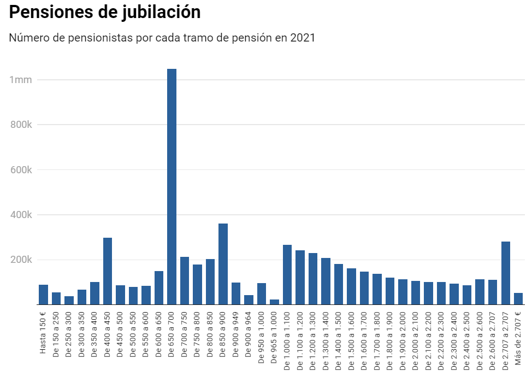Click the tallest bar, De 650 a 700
[172, 186]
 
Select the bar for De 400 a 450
[108, 271]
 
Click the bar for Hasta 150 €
[43, 295]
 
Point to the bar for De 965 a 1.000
[274, 302]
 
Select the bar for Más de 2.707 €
[518, 299]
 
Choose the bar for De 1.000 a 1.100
[287, 275]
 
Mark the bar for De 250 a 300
[69, 300]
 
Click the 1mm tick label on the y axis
[21, 80]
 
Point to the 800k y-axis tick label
[21, 125]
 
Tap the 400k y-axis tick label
[21, 215]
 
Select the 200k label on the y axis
[21, 260]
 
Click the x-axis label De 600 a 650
[159, 333]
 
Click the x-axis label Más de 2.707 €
[519, 336]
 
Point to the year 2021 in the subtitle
[303, 38]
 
